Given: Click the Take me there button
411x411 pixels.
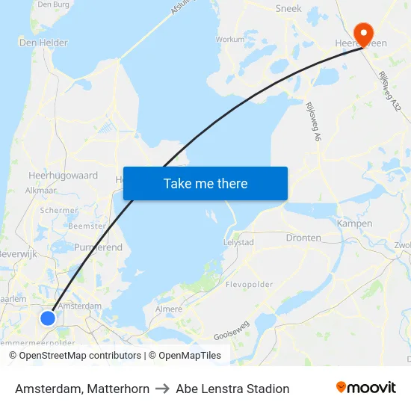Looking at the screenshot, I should (205, 183).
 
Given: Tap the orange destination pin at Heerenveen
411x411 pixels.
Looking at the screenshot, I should (365, 32).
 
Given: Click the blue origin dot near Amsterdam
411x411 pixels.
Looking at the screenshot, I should (47, 318).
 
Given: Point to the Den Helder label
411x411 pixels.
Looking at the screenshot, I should (43, 43).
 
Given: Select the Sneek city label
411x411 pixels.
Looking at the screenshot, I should (288, 8).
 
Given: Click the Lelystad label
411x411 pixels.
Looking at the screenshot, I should (238, 243).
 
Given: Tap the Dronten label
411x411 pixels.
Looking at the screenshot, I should (303, 238).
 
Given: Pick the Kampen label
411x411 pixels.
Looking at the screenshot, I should (354, 223).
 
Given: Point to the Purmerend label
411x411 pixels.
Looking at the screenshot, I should (98, 247).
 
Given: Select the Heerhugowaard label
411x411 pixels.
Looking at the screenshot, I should (63, 176).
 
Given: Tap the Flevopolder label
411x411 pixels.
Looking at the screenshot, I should (249, 284).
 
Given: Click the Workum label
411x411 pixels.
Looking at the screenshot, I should (229, 39).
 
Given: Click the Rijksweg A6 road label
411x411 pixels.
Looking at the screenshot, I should (312, 122).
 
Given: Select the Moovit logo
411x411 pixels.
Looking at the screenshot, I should (365, 388).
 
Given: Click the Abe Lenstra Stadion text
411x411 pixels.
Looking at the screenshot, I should (232, 389).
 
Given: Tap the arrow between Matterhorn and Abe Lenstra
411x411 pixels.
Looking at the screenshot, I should (162, 389).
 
